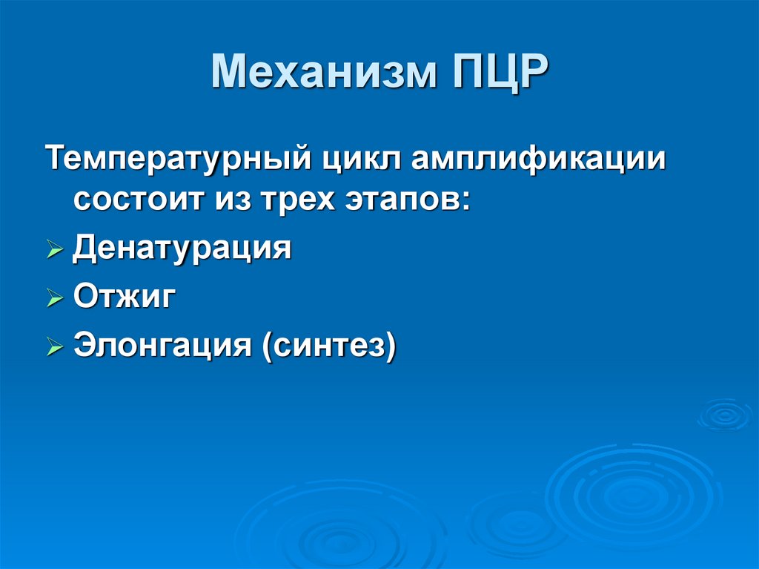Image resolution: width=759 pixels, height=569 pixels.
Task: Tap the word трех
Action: pos(293,201)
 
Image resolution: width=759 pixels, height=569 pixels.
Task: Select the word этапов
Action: pos(400,201)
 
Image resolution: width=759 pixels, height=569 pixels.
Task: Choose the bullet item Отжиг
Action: pos(125,297)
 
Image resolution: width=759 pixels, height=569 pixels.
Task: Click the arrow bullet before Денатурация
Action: pos(55,251)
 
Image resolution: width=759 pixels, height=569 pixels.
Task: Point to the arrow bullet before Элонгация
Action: pos(55,347)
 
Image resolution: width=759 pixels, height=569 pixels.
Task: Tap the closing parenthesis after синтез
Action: pos(390,346)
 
